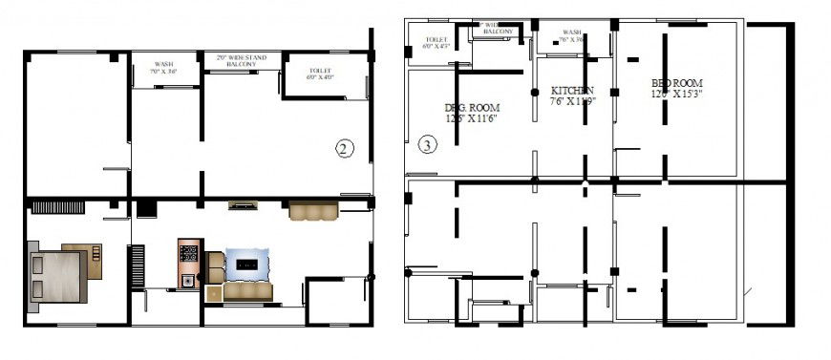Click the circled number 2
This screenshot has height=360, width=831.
point(345,147)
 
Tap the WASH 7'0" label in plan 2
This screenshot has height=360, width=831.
point(163,68)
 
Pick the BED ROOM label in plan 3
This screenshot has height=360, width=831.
point(677,83)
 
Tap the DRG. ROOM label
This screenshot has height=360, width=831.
point(472,107)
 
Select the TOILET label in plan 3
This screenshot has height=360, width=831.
point(436,42)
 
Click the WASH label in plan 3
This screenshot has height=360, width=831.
point(572,34)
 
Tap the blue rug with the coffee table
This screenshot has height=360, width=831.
point(247,263)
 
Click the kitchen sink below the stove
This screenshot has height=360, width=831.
point(187,280)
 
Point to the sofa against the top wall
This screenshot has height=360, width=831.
point(313,210)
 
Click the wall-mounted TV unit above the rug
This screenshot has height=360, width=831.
point(244,204)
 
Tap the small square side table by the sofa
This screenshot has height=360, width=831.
point(216,261)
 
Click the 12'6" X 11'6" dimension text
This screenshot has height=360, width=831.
point(472,118)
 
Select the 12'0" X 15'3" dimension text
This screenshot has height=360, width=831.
point(677,95)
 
